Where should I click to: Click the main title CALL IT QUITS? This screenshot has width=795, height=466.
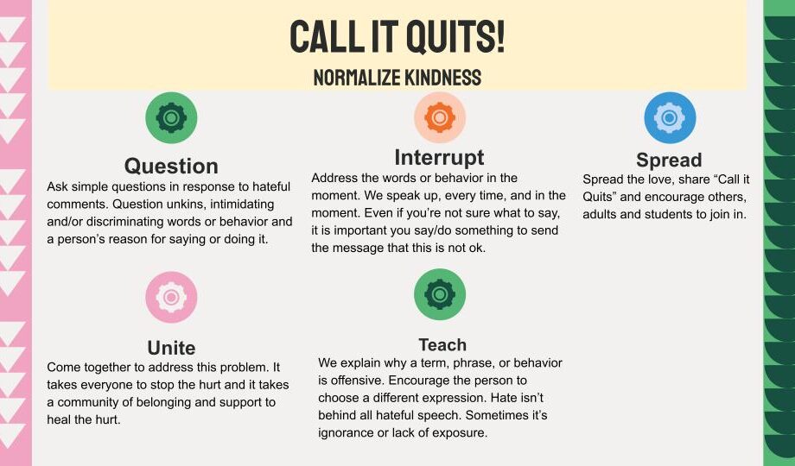point(397,36)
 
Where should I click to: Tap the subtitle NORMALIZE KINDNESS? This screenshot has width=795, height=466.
point(397,78)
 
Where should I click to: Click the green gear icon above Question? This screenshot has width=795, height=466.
point(171,117)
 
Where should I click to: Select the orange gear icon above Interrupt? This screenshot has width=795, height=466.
point(440,117)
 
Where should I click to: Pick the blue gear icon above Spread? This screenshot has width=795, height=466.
point(670,117)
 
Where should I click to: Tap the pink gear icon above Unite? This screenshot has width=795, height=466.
point(171,297)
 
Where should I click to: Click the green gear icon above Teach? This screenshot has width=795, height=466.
point(440,294)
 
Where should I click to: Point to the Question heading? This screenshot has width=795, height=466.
point(171,167)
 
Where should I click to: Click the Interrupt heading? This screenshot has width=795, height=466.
point(439,157)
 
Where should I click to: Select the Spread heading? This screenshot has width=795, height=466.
point(669,160)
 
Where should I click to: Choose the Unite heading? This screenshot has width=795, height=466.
point(171,348)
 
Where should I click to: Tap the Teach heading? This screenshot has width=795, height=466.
point(442,345)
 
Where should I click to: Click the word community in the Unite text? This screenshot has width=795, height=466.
point(90,403)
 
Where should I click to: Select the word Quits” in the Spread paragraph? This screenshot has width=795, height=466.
point(600,197)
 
